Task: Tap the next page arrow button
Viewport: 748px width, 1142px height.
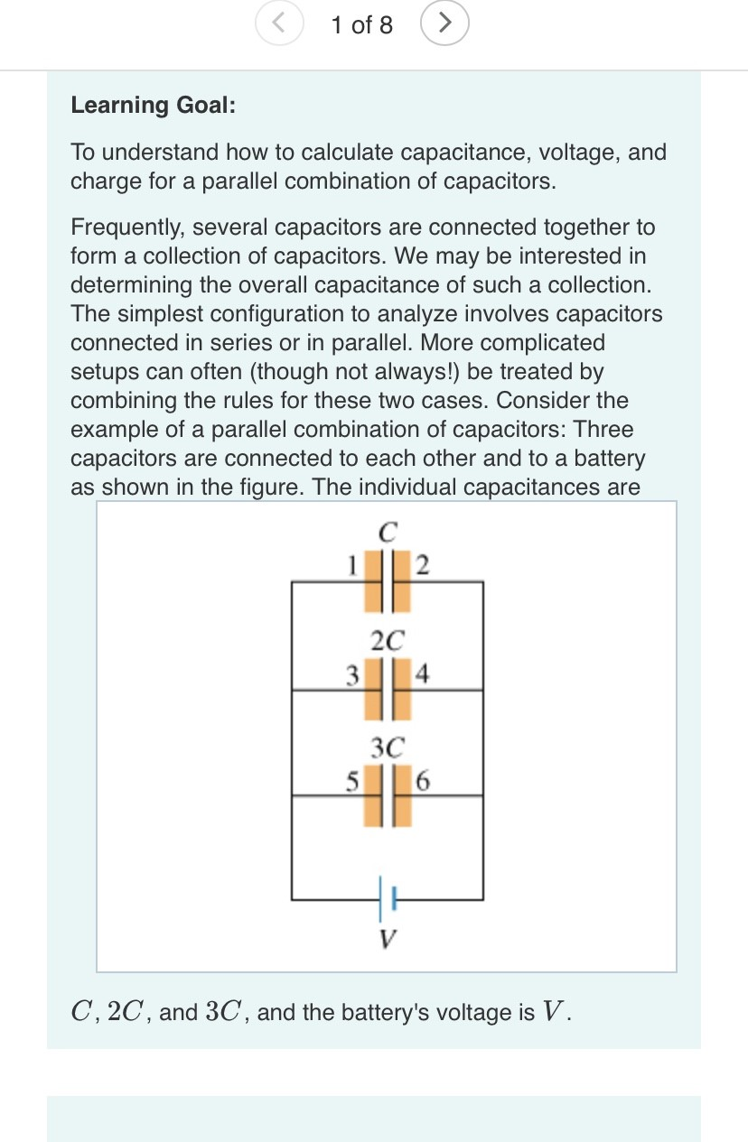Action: tap(444, 24)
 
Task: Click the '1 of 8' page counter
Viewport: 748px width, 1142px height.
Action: tap(361, 25)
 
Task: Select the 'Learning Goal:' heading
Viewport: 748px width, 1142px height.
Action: tap(153, 105)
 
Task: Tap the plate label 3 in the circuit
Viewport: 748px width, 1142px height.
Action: tap(354, 673)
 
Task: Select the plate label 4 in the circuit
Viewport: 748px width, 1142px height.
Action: tap(424, 673)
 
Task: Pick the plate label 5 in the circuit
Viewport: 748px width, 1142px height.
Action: tap(354, 777)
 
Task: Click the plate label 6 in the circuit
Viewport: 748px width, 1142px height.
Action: tap(424, 777)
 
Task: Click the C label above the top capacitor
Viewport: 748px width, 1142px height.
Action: tap(388, 533)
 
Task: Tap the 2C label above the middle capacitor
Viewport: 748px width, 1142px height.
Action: tap(388, 640)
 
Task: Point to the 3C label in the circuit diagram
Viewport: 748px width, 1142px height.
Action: tap(388, 747)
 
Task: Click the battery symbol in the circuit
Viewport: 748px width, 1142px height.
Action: tap(388, 899)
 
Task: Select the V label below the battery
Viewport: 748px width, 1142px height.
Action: tap(388, 939)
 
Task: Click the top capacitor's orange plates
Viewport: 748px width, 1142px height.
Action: tap(388, 582)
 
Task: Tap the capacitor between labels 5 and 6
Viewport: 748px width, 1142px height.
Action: tap(388, 795)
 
